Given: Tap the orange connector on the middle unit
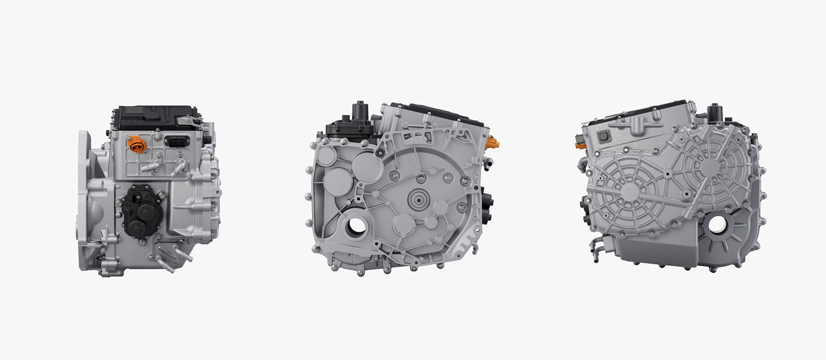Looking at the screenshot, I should tap(493, 145).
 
